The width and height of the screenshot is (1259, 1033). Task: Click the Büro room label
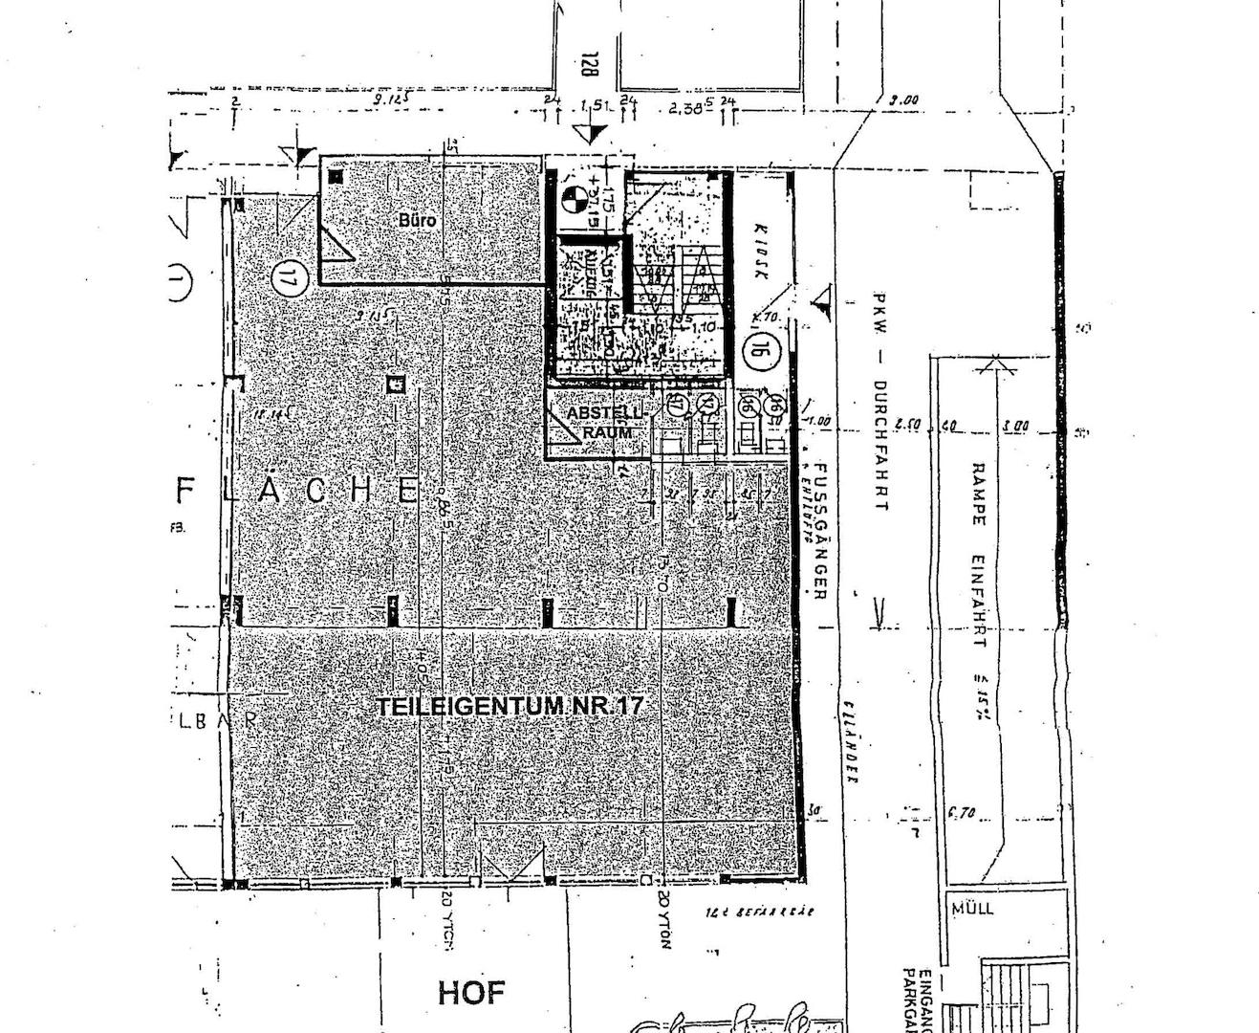coord(417,221)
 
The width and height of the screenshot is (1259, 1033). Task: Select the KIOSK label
coord(762,253)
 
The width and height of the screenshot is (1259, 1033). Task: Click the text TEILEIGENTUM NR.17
coord(510,707)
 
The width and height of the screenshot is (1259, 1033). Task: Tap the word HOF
coord(470,993)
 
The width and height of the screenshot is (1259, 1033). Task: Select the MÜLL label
coord(972,907)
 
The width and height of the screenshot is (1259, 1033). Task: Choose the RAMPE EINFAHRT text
coord(978,555)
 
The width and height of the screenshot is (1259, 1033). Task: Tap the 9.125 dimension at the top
coord(392,99)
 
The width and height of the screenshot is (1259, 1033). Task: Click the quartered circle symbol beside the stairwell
coord(573,198)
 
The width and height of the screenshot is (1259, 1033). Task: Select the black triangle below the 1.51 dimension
coord(593,135)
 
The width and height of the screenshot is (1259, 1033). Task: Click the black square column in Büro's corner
coord(335,175)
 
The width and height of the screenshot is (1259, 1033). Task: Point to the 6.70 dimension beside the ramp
coord(962,814)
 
